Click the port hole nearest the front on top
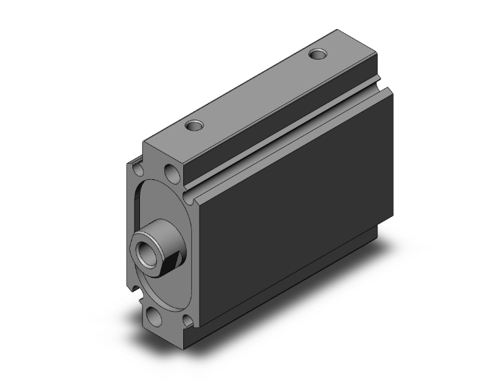[x=195, y=126]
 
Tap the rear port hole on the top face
[x=316, y=53]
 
